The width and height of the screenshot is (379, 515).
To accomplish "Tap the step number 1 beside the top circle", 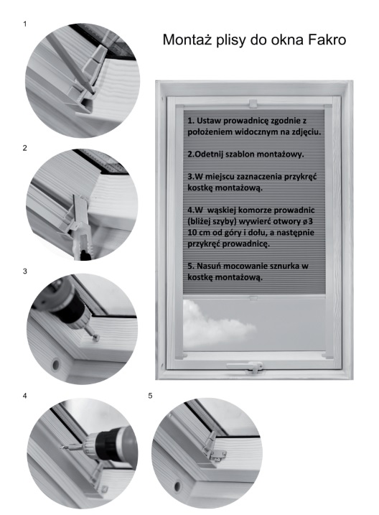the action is [24, 24].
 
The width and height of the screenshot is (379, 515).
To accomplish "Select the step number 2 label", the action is [24, 148].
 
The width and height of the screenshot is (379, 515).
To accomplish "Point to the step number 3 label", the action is [24, 272].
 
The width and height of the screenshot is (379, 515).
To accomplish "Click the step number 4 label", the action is [24, 396].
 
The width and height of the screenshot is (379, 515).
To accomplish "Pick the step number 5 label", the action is [150, 396].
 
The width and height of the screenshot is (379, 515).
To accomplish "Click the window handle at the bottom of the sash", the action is [246, 367].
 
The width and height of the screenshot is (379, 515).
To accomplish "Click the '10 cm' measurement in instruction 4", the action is [198, 233].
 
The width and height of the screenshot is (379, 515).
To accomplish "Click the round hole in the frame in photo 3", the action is [55, 364].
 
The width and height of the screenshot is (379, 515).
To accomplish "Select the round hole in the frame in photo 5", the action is [177, 486].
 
